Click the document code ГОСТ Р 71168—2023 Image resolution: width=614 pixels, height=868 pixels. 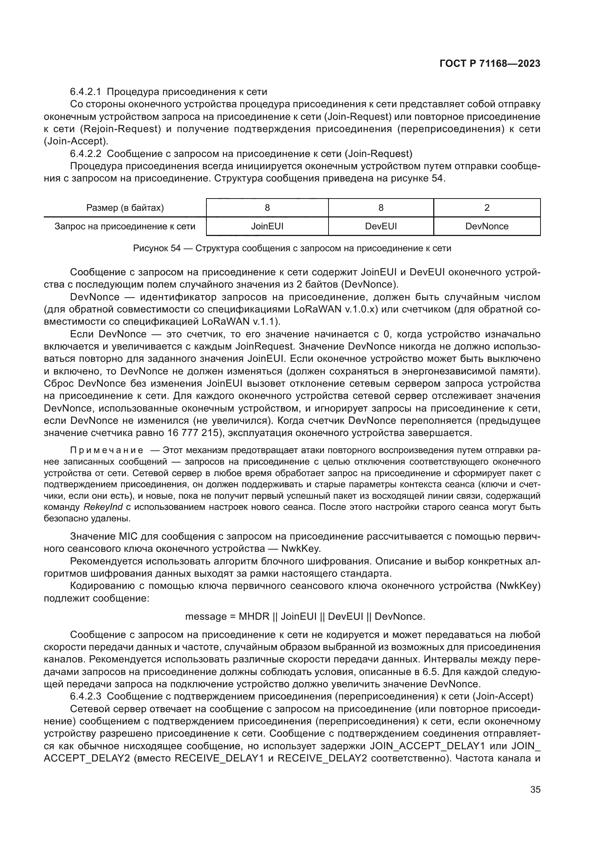(x=490, y=64)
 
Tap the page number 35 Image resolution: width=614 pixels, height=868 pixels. (x=535, y=789)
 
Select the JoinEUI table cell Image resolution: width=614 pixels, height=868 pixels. (x=267, y=226)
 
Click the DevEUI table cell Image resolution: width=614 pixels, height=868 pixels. (x=381, y=226)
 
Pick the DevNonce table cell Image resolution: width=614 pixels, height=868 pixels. (x=487, y=226)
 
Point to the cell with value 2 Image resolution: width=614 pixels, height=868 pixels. (x=487, y=207)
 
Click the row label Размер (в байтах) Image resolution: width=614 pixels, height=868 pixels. (x=125, y=207)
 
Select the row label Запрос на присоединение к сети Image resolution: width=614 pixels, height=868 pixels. (x=125, y=226)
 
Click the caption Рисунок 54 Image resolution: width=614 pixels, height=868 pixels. (x=157, y=248)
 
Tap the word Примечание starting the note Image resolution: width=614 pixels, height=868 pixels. (x=107, y=450)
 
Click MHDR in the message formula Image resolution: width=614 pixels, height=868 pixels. (x=254, y=617)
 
